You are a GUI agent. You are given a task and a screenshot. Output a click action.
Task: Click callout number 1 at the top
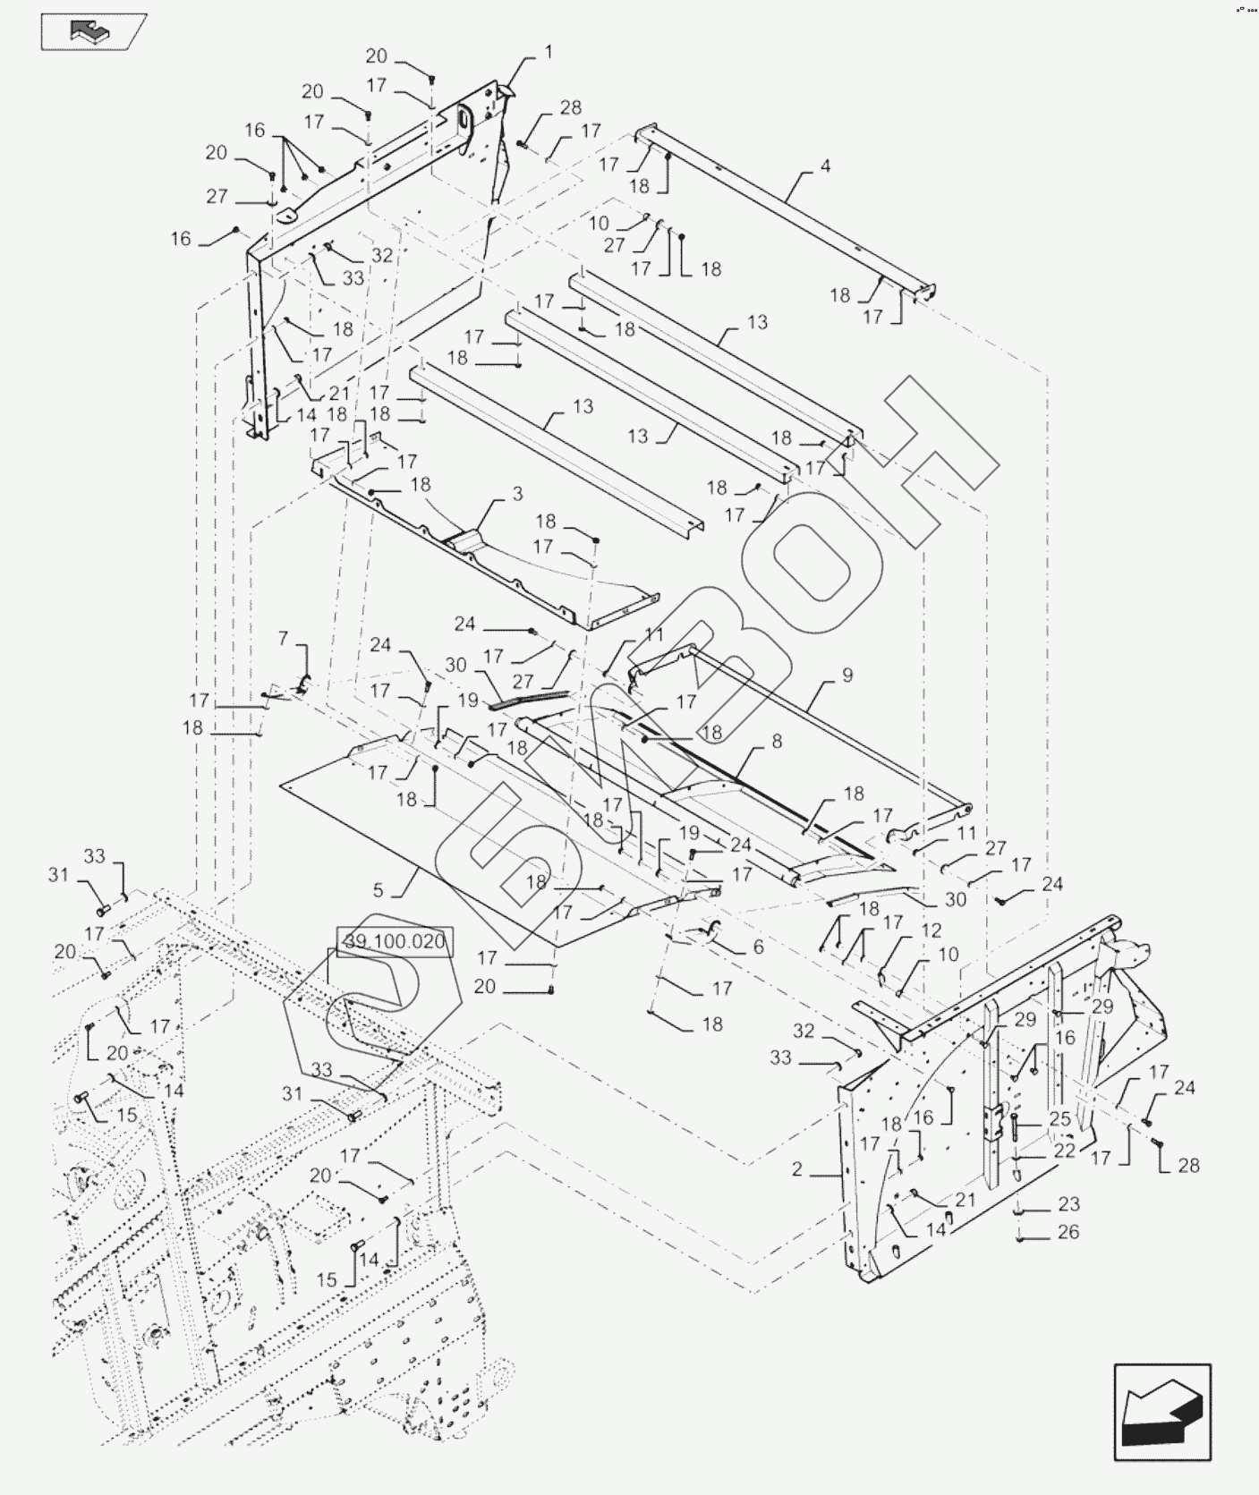pyautogui.click(x=549, y=53)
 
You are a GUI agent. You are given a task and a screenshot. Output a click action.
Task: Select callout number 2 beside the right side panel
pyautogui.click(x=797, y=1169)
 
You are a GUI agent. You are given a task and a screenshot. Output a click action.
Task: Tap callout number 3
pyautogui.click(x=517, y=494)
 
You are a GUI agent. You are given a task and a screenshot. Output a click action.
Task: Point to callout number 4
pyautogui.click(x=825, y=166)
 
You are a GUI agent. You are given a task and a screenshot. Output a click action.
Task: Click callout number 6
pyautogui.click(x=759, y=947)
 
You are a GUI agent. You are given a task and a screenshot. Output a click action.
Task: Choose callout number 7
pyautogui.click(x=284, y=638)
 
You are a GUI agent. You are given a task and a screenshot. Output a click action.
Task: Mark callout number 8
pyautogui.click(x=777, y=741)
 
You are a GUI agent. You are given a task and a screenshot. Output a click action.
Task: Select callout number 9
pyautogui.click(x=847, y=675)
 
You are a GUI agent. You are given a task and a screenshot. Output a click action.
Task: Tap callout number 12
pyautogui.click(x=931, y=931)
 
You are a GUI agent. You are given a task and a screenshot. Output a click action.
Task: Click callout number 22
pyautogui.click(x=1064, y=1151)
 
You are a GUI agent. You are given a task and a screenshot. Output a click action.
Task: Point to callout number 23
pyautogui.click(x=1068, y=1204)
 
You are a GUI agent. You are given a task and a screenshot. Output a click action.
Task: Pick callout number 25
pyautogui.click(x=1060, y=1119)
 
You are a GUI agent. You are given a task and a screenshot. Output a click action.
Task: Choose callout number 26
pyautogui.click(x=1068, y=1232)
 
